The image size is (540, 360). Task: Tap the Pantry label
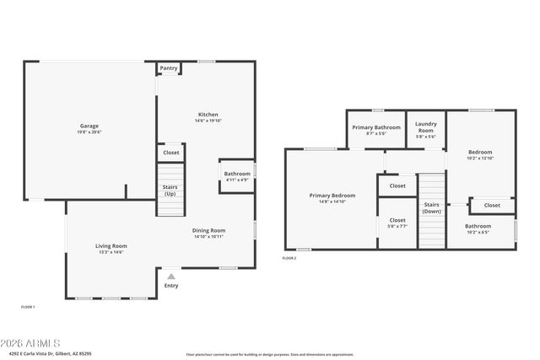tap(169, 68)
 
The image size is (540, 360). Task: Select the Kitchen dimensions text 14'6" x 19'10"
tap(208, 121)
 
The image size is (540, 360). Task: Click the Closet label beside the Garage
tap(171, 153)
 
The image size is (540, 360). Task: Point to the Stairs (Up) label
tap(170, 191)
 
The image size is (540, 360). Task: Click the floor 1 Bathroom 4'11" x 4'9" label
tap(237, 176)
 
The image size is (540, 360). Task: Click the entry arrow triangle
tap(171, 276)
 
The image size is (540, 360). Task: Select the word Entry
tap(171, 286)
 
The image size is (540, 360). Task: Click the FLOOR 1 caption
tap(28, 307)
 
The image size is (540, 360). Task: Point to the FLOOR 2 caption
tap(289, 258)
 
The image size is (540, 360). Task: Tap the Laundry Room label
tap(426, 128)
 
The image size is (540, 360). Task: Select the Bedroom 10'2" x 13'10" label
tap(479, 154)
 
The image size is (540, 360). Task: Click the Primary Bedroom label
tap(332, 197)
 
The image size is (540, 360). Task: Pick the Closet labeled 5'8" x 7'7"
tap(397, 223)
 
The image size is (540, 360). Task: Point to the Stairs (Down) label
tap(431, 207)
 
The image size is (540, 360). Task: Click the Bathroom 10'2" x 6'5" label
tap(478, 228)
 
